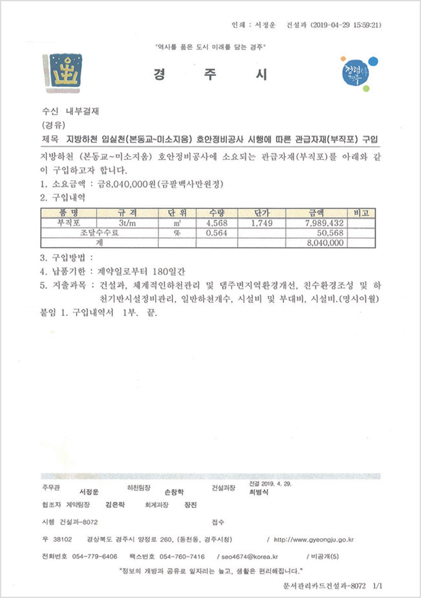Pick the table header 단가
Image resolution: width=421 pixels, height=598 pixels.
[261, 213]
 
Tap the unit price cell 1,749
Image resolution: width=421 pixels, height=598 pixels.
[261, 223]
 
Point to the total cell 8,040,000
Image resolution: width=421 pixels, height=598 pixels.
[325, 242]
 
